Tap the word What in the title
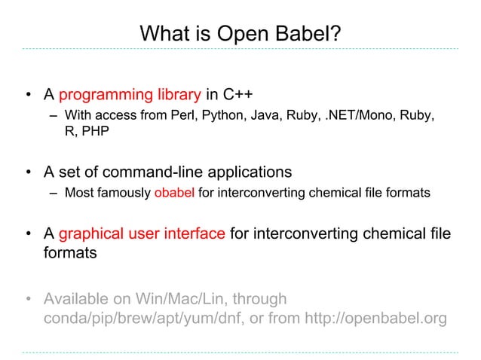(x=165, y=34)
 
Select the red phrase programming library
(x=130, y=96)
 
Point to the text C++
(x=237, y=96)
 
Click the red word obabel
(x=174, y=194)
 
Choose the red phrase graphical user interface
(x=142, y=234)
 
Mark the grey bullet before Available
(x=29, y=300)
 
